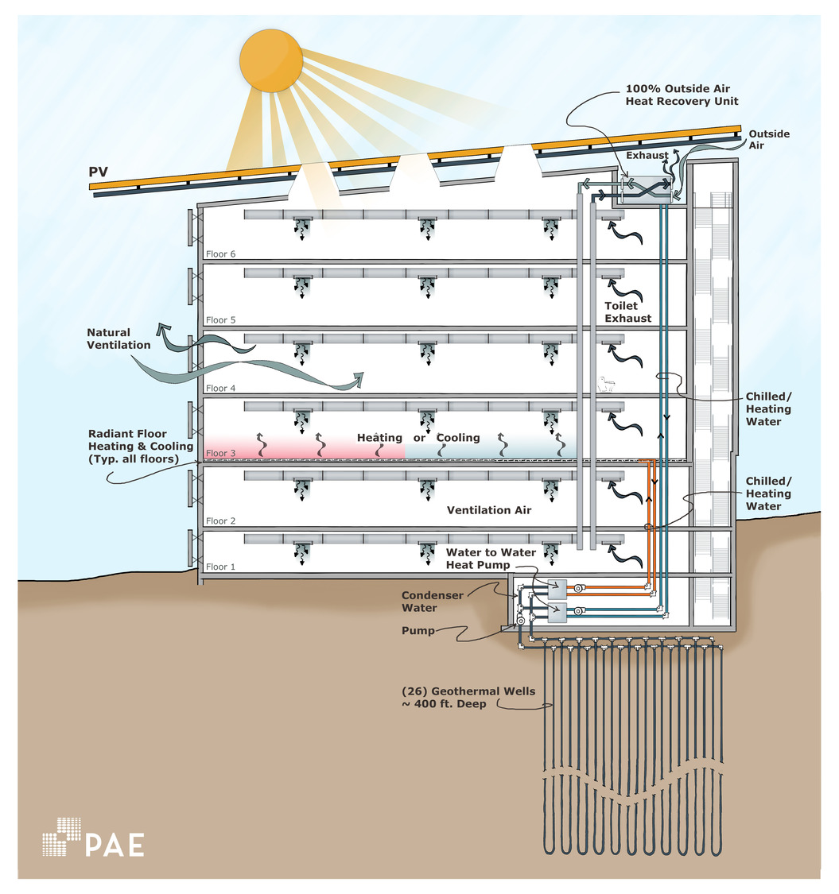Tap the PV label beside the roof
(x=98, y=172)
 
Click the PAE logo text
(x=115, y=844)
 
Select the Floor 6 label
(x=221, y=254)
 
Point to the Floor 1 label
(x=221, y=567)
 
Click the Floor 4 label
(x=221, y=389)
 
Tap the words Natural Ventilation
(x=118, y=339)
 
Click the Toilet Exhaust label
(x=627, y=312)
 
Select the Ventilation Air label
(x=489, y=510)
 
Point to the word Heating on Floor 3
(x=379, y=438)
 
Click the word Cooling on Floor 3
(x=458, y=438)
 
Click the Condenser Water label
(x=430, y=602)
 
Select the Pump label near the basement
(x=418, y=630)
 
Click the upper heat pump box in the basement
(x=556, y=588)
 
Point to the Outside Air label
(x=769, y=140)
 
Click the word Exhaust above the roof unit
(x=646, y=156)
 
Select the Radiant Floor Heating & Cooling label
(x=141, y=447)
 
